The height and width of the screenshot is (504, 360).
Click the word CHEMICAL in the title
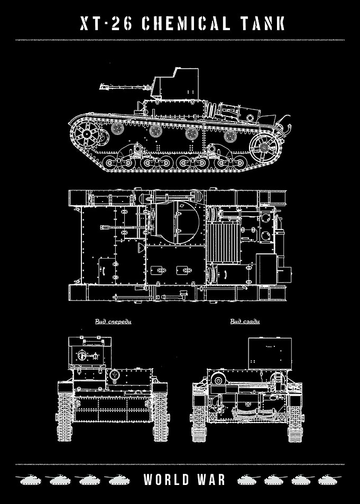click(186, 24)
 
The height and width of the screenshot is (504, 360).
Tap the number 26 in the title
click(122, 24)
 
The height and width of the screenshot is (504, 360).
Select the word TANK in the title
click(262, 24)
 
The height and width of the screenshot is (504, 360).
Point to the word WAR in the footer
click(212, 479)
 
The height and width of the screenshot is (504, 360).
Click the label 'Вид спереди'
click(113, 322)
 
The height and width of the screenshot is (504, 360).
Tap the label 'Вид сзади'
click(245, 322)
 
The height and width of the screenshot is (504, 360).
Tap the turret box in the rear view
click(270, 353)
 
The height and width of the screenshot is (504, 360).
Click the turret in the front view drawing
click(90, 352)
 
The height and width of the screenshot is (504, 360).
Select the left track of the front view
click(65, 412)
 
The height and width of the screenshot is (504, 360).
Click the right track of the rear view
click(295, 413)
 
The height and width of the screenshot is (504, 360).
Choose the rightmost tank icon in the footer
click(330, 480)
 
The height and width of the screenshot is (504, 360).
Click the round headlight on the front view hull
click(114, 375)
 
